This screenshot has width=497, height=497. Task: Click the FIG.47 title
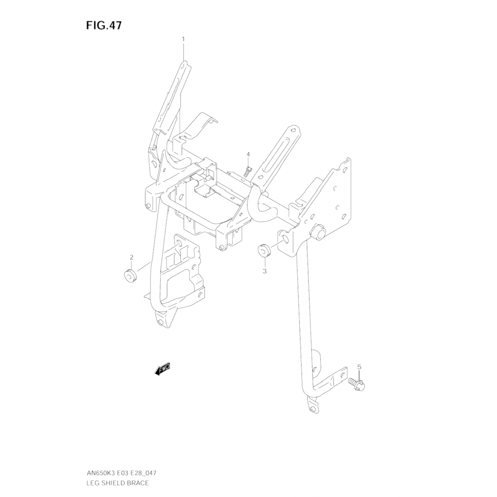tap(104, 26)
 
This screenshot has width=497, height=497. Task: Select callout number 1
tap(183, 39)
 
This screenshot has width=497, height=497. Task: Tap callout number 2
tap(132, 257)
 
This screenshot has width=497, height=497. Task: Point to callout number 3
tap(264, 271)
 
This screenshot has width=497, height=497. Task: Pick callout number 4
tap(248, 154)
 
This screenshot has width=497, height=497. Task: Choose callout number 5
tap(359, 367)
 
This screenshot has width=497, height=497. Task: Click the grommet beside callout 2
tap(130, 276)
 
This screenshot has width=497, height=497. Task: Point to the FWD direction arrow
tap(162, 369)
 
